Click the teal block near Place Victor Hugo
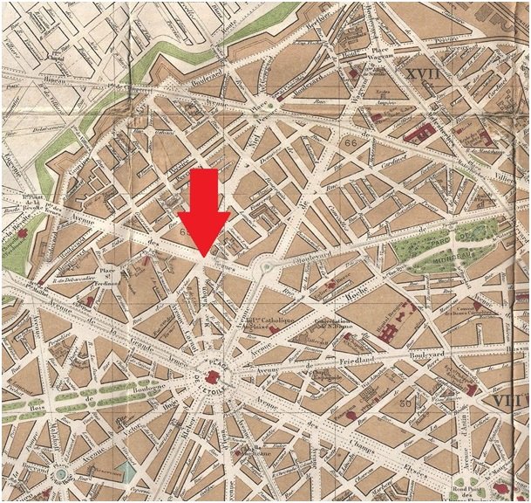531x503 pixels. [129, 472]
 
